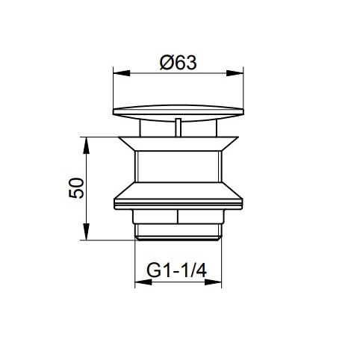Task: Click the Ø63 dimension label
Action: [179, 62]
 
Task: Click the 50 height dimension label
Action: [76, 188]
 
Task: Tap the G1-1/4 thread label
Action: [176, 270]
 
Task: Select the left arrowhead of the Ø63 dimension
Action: [122, 73]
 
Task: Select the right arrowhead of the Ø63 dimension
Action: [235, 73]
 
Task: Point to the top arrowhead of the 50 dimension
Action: [86, 146]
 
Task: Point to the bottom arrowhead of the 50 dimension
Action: [86, 232]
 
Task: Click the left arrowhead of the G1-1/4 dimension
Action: [143, 282]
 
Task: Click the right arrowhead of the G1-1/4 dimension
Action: [213, 282]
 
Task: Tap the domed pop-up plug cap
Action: [179, 113]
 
